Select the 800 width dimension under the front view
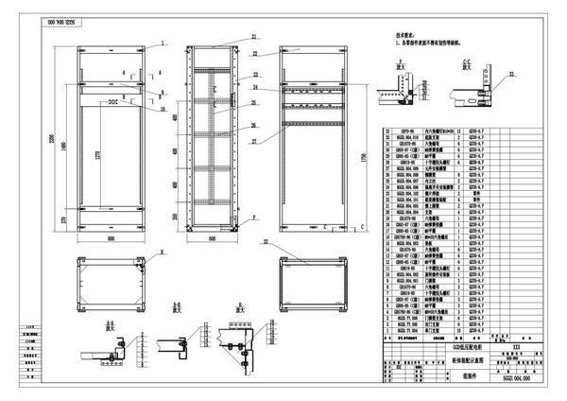tap(112, 239)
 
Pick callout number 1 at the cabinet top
tap(163, 44)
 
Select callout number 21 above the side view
tap(254, 37)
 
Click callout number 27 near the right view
tap(254, 141)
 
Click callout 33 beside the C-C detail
tap(511, 71)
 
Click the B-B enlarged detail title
tap(175, 306)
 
